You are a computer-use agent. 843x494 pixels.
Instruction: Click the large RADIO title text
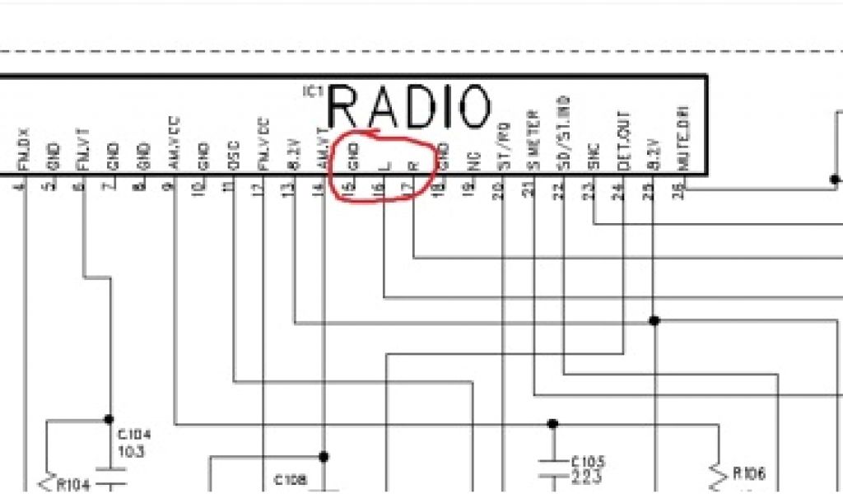(x=409, y=107)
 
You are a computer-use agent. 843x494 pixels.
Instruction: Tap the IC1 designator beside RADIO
(x=314, y=91)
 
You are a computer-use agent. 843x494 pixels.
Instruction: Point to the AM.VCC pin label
(x=175, y=143)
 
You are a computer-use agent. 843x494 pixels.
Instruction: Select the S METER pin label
(x=533, y=141)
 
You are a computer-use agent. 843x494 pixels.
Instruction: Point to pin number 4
(x=20, y=186)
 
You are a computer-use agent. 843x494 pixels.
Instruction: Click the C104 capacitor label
(x=134, y=434)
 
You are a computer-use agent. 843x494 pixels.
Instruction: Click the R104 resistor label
(x=72, y=484)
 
